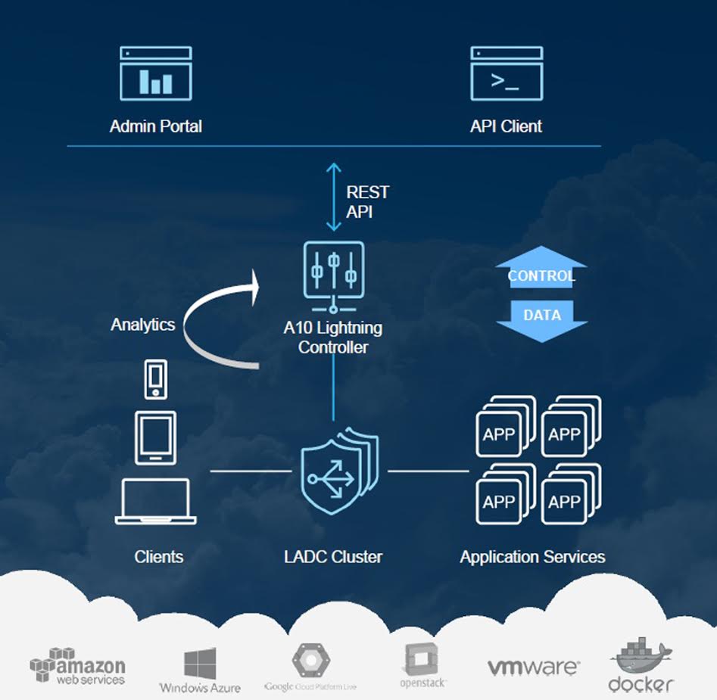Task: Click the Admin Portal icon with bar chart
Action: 156,73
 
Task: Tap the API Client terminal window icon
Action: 507,73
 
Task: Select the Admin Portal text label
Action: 156,126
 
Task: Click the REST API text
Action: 367,202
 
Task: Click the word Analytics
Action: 142,325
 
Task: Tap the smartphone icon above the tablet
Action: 155,378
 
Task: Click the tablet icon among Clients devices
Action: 155,437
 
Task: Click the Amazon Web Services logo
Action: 78,666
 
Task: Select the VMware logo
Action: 533,667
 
